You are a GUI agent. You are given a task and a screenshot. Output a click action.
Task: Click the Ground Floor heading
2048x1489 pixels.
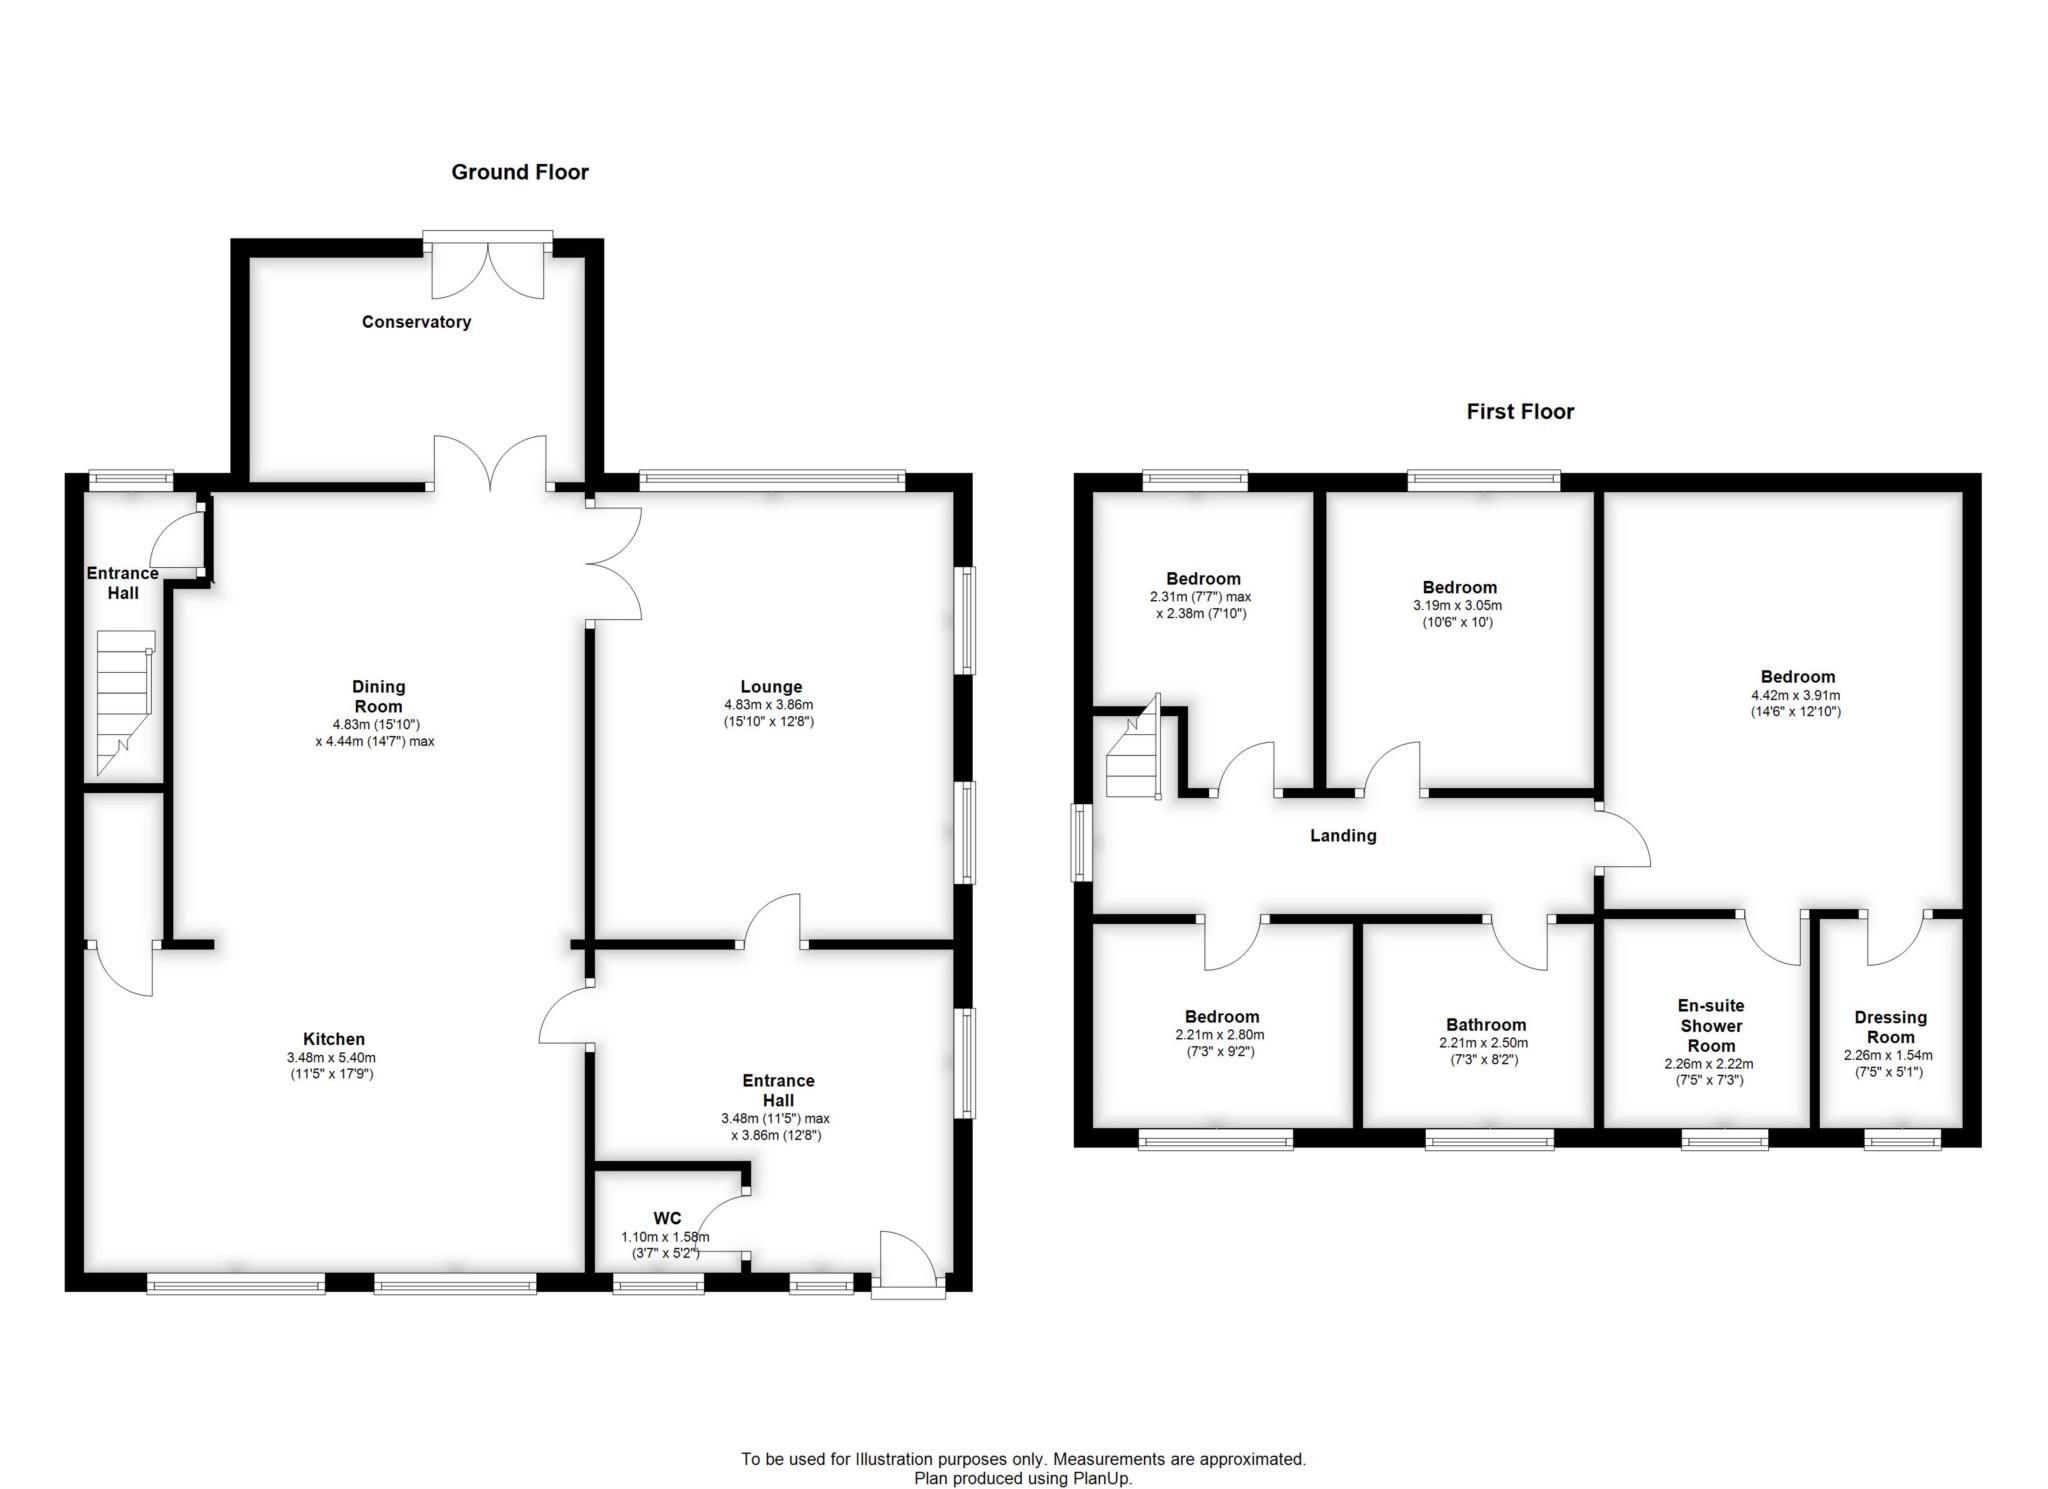(519, 172)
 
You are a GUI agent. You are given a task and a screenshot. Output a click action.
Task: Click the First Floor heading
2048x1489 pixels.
(1519, 412)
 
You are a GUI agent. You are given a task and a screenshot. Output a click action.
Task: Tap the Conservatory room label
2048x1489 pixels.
(416, 322)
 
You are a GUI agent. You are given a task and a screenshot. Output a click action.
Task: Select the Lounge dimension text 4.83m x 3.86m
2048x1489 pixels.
(770, 705)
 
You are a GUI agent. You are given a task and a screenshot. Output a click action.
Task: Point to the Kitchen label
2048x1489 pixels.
(333, 1039)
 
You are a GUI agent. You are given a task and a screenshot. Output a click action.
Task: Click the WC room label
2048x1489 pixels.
(667, 1218)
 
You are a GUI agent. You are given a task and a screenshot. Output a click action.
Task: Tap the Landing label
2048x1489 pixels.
(1342, 836)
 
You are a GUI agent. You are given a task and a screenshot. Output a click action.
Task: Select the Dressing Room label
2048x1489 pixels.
(1889, 1027)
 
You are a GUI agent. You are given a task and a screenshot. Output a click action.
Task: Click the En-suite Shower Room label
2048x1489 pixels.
(1711, 1026)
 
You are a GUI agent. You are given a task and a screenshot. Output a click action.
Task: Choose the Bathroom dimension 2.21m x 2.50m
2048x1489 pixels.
(1485, 1043)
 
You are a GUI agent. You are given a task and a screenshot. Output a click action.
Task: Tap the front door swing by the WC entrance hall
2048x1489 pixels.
(907, 1258)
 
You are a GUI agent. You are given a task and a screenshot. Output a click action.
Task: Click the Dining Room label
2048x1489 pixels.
(378, 696)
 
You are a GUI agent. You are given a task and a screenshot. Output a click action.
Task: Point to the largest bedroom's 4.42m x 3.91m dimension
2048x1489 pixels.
(1796, 696)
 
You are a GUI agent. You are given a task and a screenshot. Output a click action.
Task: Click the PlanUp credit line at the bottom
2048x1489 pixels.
(1023, 1478)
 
